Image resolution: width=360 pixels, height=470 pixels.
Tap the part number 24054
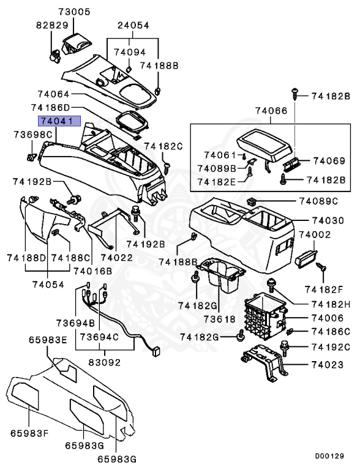pyautogui.click(x=133, y=25)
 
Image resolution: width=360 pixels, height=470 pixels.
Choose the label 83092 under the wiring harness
pyautogui.click(x=104, y=362)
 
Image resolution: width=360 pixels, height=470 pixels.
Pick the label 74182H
pyautogui.click(x=330, y=304)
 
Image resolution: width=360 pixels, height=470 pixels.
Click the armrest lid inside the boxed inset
pyautogui.click(x=265, y=144)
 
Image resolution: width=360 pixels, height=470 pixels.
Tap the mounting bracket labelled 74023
pyautogui.click(x=264, y=365)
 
